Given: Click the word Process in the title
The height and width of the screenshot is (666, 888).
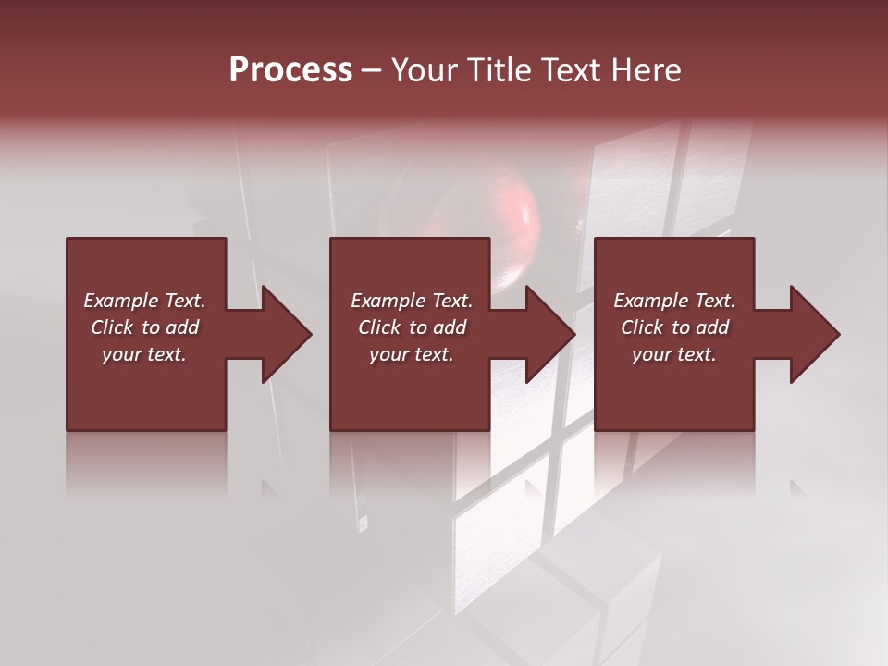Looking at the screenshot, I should coord(290,70).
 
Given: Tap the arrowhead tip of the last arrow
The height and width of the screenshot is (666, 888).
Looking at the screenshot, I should coord(838,334).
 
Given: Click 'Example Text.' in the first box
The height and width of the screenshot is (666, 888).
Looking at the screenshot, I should coord(144,301).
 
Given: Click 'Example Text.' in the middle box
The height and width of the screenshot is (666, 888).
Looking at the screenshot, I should coord(412,301).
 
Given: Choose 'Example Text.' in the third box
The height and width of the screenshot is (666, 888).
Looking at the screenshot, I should coord(674,301).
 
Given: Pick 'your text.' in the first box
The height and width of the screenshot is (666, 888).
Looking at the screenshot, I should coord(144,354).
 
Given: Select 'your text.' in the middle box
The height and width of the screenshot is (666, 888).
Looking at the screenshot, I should coord(412,354).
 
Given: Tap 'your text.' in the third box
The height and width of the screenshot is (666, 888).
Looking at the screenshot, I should coord(674,354).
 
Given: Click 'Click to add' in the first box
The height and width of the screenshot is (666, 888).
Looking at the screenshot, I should coord(144,327).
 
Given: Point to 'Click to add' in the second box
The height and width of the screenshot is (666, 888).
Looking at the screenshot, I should coord(412,327).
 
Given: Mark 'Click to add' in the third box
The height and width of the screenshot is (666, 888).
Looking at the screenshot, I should coord(674,327).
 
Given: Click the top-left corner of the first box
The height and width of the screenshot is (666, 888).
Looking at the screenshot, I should coord(68,240).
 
